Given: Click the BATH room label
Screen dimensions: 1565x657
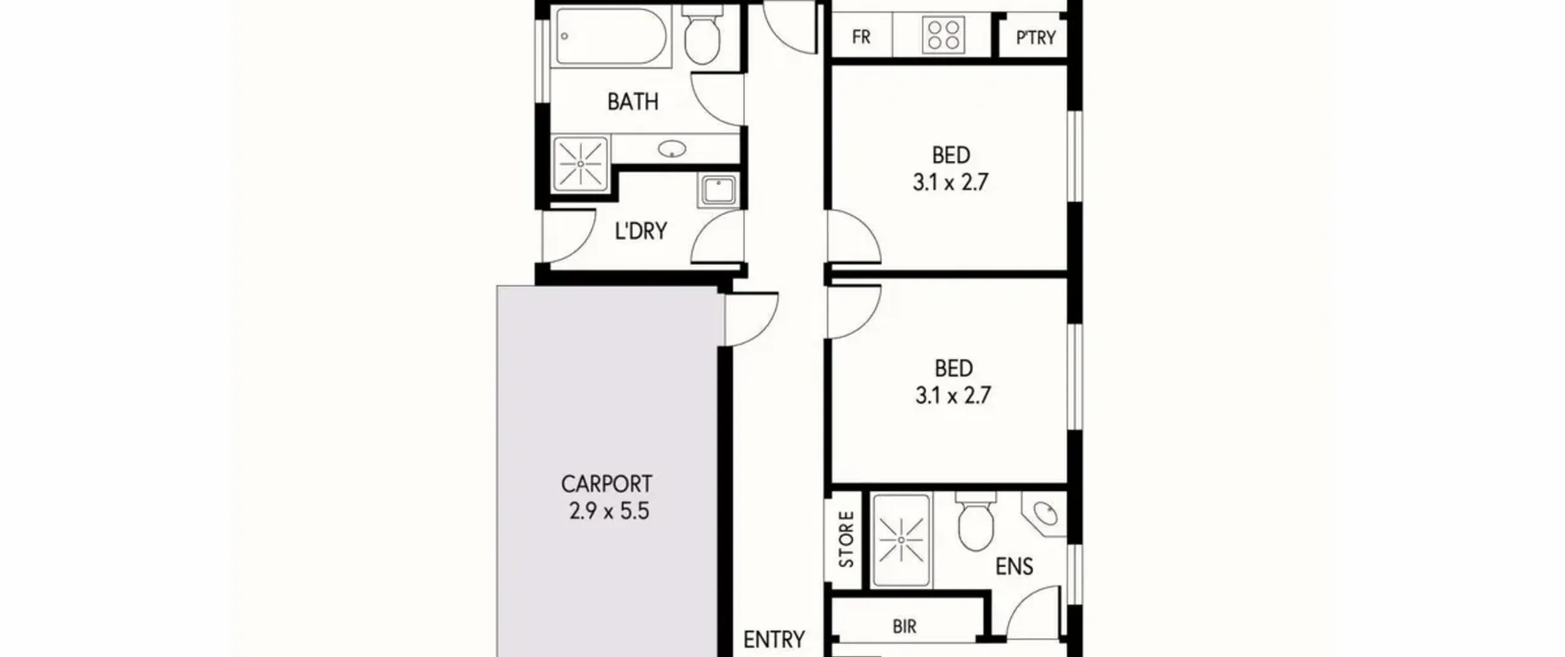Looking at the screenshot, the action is (x=633, y=101).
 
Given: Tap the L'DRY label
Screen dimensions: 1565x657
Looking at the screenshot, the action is (x=641, y=230).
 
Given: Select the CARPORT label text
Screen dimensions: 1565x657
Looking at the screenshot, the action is (x=606, y=484).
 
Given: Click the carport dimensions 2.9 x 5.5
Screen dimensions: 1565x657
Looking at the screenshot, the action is (x=609, y=511).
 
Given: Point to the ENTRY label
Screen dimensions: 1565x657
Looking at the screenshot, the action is (x=774, y=640).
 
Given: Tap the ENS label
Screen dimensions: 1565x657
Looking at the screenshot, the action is (x=1014, y=567).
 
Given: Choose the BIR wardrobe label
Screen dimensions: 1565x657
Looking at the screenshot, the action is (x=905, y=626).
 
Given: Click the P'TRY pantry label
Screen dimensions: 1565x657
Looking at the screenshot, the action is (x=1036, y=38).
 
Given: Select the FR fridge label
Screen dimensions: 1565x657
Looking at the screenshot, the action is (x=861, y=37).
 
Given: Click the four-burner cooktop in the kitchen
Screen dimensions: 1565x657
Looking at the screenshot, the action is (x=943, y=34).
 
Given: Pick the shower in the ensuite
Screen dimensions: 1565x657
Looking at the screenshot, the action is (x=902, y=541).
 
